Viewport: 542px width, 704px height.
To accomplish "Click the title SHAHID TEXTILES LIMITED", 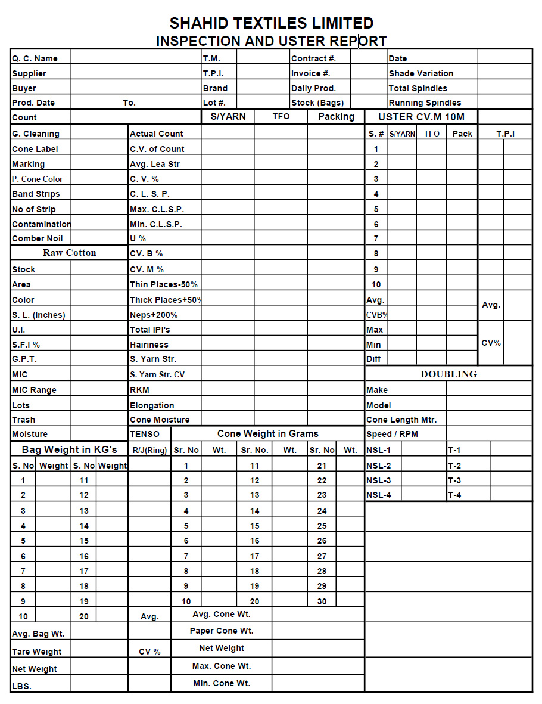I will click(x=271, y=23).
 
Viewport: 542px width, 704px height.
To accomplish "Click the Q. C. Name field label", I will click(x=35, y=58).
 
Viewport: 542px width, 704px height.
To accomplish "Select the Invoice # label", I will click(x=310, y=73).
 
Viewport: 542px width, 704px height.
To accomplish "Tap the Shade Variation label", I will click(x=420, y=73).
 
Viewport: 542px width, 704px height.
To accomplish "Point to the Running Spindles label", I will click(x=425, y=103).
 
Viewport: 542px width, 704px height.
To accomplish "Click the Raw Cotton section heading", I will click(x=69, y=253).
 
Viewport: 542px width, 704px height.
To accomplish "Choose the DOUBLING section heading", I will click(x=448, y=374).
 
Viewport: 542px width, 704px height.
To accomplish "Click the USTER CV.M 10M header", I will click(x=421, y=117).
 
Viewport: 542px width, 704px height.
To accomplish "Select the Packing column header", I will click(x=336, y=117).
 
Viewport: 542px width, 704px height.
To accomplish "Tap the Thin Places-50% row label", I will click(x=164, y=284).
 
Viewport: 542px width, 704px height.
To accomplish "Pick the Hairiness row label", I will click(x=149, y=345).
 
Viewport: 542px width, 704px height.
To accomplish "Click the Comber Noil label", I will click(x=37, y=238).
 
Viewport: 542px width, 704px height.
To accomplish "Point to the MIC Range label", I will click(x=34, y=390).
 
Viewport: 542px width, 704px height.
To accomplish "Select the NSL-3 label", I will click(x=378, y=480).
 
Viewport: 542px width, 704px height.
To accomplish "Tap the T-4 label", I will click(x=454, y=495).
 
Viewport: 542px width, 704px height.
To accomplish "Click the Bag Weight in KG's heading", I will click(x=69, y=449).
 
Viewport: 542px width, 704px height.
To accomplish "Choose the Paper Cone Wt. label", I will click(x=222, y=631).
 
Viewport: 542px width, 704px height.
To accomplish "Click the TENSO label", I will click(x=145, y=434).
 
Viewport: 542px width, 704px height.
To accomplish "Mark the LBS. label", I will click(x=21, y=686).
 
